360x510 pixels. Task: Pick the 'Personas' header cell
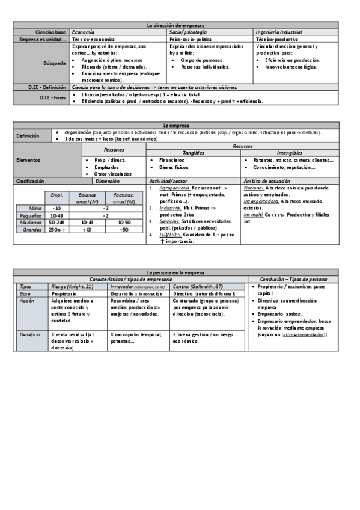(114, 149)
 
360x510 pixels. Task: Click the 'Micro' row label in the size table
(36, 207)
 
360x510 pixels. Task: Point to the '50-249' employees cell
(57, 222)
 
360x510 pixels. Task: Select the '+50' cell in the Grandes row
(124, 229)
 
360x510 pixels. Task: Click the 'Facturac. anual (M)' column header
(124, 198)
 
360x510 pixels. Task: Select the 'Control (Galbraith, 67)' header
(198, 287)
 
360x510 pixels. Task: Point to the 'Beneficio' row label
(29, 334)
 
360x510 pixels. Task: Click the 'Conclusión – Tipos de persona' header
(293, 280)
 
